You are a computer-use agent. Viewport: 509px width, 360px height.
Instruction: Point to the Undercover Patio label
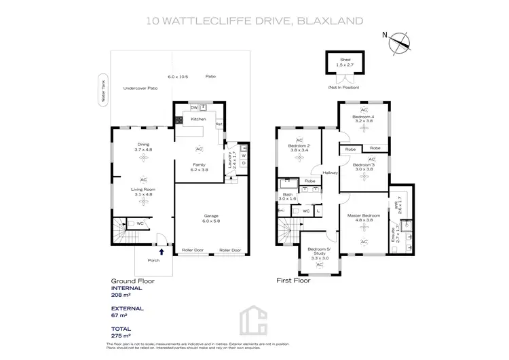(140, 88)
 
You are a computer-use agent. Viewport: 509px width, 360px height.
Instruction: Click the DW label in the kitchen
(193, 107)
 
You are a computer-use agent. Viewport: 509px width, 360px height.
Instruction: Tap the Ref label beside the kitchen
(219, 124)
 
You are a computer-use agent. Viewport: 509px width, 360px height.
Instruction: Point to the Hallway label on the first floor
(331, 172)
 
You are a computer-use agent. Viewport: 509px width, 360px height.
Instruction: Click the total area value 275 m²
(120, 335)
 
